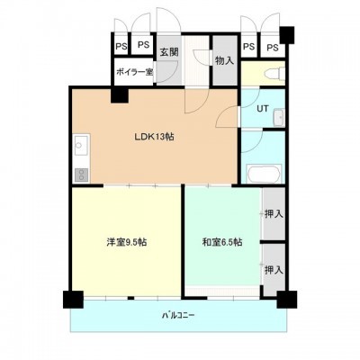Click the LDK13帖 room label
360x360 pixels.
point(154,137)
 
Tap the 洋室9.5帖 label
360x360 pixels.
point(127,242)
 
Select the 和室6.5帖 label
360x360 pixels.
point(222,242)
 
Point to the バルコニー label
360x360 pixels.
point(178,315)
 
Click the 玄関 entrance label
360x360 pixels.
point(169,52)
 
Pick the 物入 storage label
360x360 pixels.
point(224,60)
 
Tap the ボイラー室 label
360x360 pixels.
point(135,72)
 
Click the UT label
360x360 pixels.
point(263,108)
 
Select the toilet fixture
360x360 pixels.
point(274,74)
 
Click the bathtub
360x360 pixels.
point(264,175)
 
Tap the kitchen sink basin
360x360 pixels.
point(81,145)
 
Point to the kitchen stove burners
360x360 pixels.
point(81,175)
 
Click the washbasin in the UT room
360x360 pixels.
point(279,117)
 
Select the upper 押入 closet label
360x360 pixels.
point(274,213)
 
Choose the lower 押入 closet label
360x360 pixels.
point(274,270)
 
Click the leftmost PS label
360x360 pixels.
point(121,47)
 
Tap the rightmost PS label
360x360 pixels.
point(273,47)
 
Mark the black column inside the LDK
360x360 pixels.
point(120,94)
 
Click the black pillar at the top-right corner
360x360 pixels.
point(287,35)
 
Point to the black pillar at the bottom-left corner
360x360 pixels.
point(73,300)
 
